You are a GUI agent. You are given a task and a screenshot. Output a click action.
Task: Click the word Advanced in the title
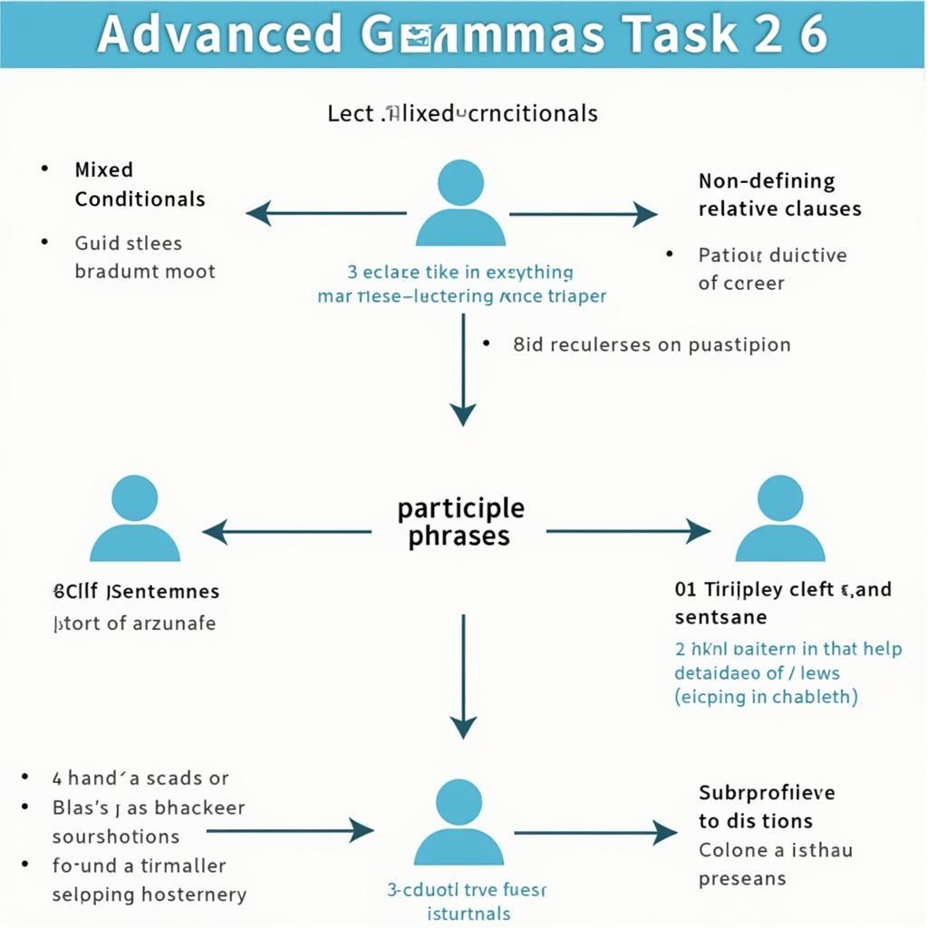tap(218, 34)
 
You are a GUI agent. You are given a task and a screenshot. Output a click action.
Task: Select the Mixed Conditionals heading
tap(140, 184)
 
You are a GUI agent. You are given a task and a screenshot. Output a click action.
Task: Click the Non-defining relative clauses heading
tap(779, 195)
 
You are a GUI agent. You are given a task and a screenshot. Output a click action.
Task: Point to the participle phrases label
tap(459, 521)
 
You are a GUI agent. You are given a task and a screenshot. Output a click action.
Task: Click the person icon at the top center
tap(459, 204)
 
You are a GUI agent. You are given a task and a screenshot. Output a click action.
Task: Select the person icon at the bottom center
tap(459, 822)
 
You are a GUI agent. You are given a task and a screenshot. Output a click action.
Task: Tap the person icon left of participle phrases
tap(135, 518)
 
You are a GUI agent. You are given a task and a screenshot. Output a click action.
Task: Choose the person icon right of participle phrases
tap(778, 518)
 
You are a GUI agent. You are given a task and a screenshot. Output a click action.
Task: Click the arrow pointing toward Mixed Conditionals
tap(326, 214)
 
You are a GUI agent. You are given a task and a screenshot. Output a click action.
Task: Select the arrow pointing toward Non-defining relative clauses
tap(584, 214)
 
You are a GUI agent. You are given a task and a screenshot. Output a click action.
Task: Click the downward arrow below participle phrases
tap(463, 676)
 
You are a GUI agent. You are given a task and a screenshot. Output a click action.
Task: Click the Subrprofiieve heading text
tap(767, 793)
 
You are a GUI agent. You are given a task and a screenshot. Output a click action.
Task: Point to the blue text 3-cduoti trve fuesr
tap(468, 890)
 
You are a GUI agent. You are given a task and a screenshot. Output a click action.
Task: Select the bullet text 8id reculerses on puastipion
tap(651, 344)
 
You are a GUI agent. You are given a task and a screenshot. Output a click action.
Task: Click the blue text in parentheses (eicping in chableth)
tap(765, 697)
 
